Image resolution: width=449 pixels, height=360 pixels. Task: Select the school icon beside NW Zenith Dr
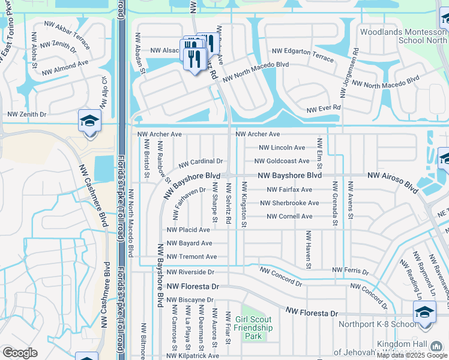point(88,122)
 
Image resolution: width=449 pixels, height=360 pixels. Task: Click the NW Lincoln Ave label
point(282,148)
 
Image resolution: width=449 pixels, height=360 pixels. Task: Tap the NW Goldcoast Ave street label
point(282,161)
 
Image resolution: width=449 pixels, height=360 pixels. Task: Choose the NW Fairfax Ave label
point(289,190)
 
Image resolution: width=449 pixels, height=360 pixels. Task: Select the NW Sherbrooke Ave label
point(293,203)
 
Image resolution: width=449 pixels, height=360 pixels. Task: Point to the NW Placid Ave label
point(188,230)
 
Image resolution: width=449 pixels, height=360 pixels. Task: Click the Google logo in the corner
point(20,353)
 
